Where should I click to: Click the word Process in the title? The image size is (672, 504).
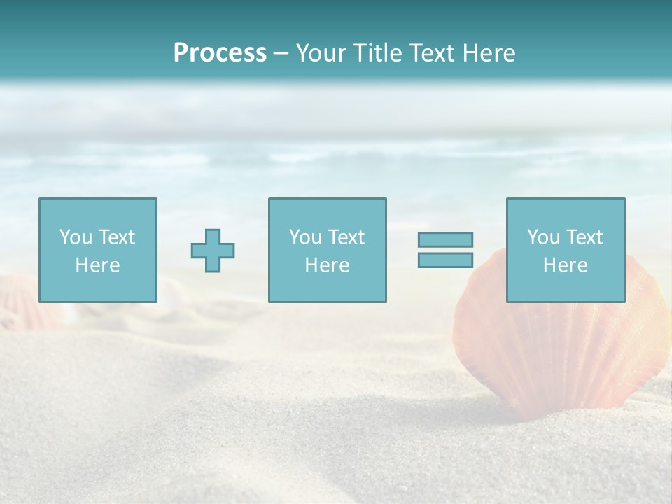tap(220, 53)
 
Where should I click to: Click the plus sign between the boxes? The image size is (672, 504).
tap(213, 250)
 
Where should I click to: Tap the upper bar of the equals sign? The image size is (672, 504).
tap(445, 239)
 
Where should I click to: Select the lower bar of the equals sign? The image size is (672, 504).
tap(445, 260)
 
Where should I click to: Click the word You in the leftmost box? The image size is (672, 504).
tap(76, 237)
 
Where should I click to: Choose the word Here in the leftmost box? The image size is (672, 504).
tap(97, 265)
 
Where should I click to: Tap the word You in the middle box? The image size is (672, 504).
tap(305, 237)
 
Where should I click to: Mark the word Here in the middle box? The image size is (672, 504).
tap(327, 265)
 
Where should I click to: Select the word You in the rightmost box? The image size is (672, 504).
tap(543, 237)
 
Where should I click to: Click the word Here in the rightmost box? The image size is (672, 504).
tap(565, 265)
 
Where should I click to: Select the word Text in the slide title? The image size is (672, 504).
tap(428, 53)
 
